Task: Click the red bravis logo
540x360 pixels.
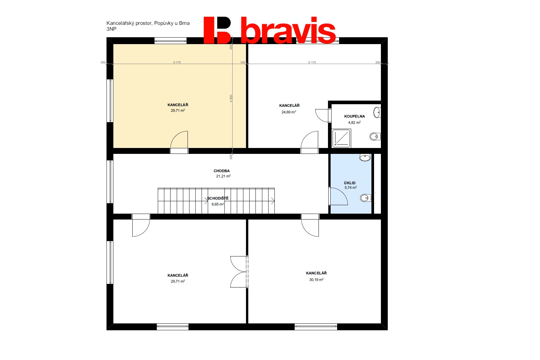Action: (x=270, y=30)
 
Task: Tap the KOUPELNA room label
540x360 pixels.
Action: (x=354, y=117)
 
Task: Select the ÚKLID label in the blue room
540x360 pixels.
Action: (x=350, y=183)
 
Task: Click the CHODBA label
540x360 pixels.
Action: (x=221, y=171)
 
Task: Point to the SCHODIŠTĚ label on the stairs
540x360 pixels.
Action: (x=218, y=198)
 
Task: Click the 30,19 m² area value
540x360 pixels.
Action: (x=316, y=280)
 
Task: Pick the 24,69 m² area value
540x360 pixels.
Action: (x=288, y=112)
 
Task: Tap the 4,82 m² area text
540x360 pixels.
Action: (x=354, y=123)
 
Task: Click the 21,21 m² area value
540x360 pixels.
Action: (x=223, y=176)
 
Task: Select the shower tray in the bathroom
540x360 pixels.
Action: (x=341, y=139)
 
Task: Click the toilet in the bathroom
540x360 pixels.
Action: (x=375, y=137)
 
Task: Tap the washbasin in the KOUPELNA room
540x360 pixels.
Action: (x=377, y=112)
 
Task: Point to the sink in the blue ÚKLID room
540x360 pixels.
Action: (x=365, y=158)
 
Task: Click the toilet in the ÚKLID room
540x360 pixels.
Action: (x=366, y=198)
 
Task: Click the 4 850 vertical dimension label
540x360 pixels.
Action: (x=231, y=98)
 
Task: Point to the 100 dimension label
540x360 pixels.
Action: (x=242, y=62)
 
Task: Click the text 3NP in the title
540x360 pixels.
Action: (x=111, y=29)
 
